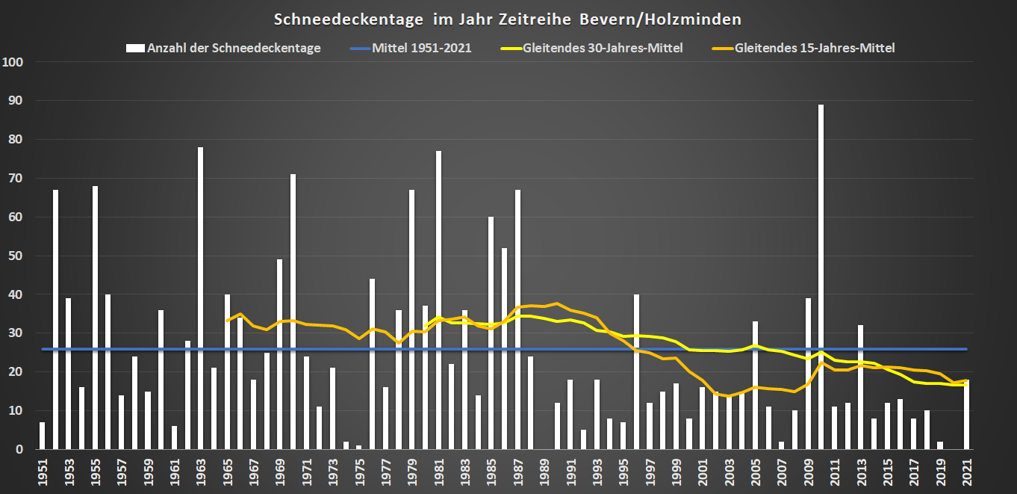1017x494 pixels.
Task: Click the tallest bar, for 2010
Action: (x=821, y=277)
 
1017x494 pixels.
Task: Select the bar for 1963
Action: (x=200, y=299)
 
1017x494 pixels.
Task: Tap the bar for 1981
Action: (x=438, y=299)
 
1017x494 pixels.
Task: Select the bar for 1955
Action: (x=95, y=318)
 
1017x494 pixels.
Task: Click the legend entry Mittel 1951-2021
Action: (x=411, y=48)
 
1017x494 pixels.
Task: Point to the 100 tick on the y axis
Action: (x=14, y=62)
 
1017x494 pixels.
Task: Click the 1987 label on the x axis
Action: (x=517, y=472)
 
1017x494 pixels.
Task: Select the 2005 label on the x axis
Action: (x=756, y=472)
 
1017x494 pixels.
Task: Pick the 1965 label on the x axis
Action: (x=227, y=472)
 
